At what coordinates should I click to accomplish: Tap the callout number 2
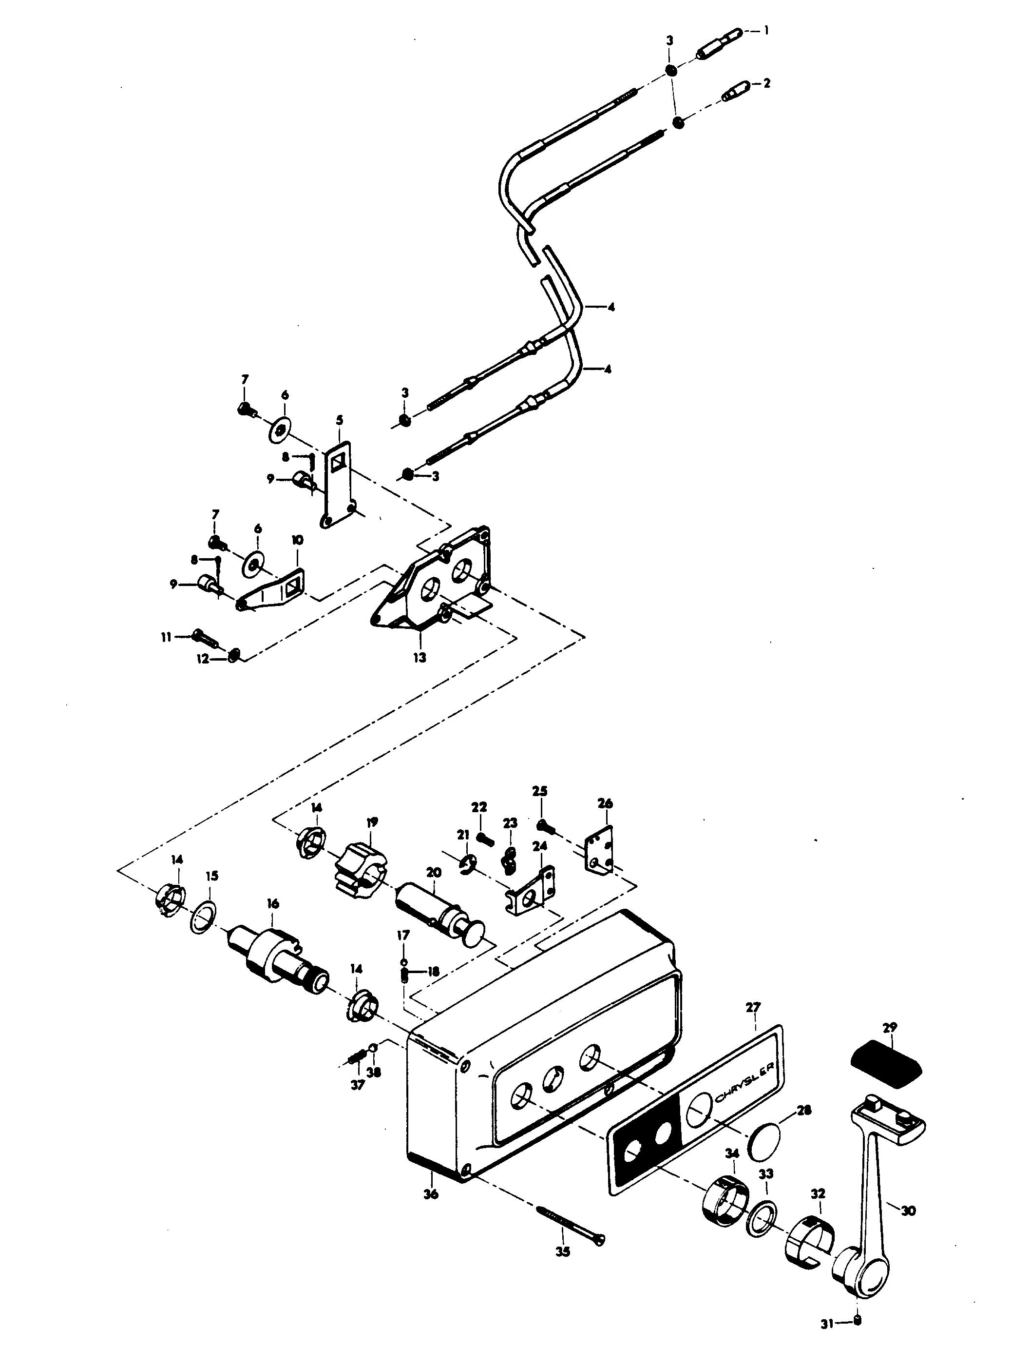pos(766,83)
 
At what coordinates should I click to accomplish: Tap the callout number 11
pos(166,637)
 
